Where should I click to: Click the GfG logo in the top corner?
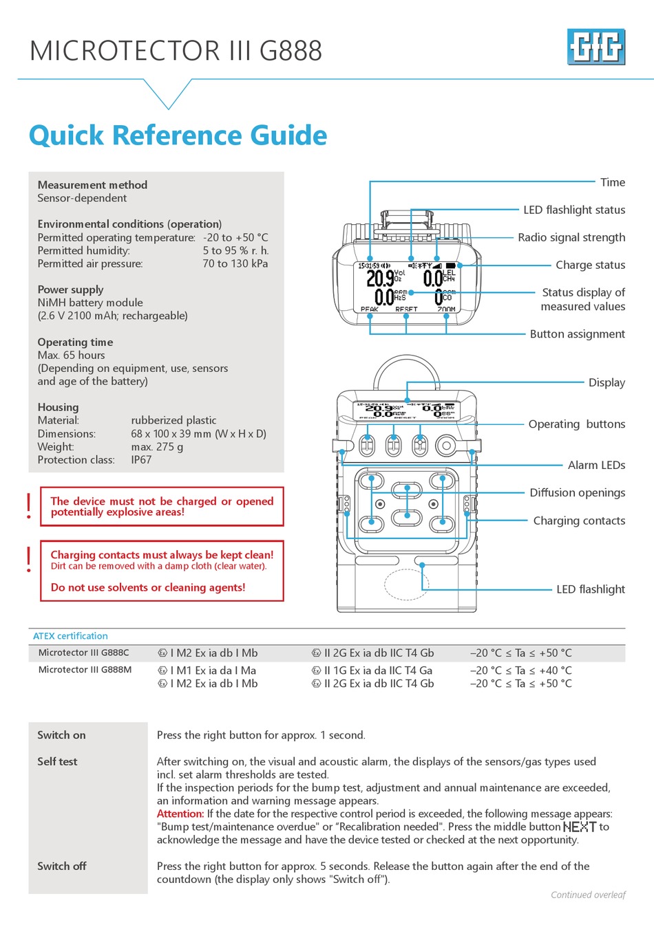click(595, 47)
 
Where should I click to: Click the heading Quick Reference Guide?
click(178, 135)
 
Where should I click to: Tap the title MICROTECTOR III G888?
click(176, 51)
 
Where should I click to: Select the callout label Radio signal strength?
click(571, 237)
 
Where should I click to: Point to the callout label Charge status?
click(590, 265)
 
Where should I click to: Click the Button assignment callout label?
click(577, 334)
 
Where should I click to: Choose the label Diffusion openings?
click(577, 492)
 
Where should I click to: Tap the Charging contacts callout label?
click(579, 521)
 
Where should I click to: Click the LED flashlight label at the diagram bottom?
click(590, 589)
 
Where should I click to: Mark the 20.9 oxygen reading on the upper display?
click(380, 278)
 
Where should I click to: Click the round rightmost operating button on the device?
click(446, 446)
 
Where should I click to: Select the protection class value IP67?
click(141, 460)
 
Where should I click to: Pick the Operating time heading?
click(75, 342)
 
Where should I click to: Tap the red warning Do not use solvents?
click(148, 587)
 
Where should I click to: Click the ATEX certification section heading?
click(70, 636)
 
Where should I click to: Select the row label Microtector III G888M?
click(85, 670)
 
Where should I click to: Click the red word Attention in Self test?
click(180, 814)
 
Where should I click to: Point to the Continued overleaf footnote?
click(588, 895)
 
